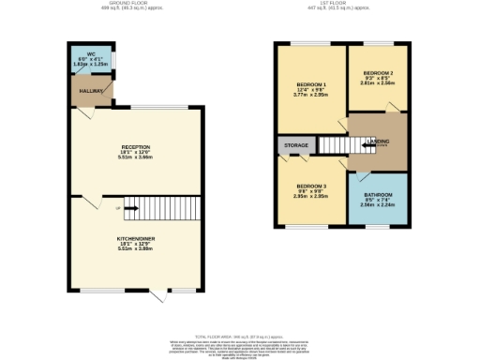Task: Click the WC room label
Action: click(x=92, y=54)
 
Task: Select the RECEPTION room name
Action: click(x=136, y=147)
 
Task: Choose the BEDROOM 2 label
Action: click(x=378, y=72)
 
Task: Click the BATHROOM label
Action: click(x=379, y=195)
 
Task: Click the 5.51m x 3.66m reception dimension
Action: click(x=136, y=158)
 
